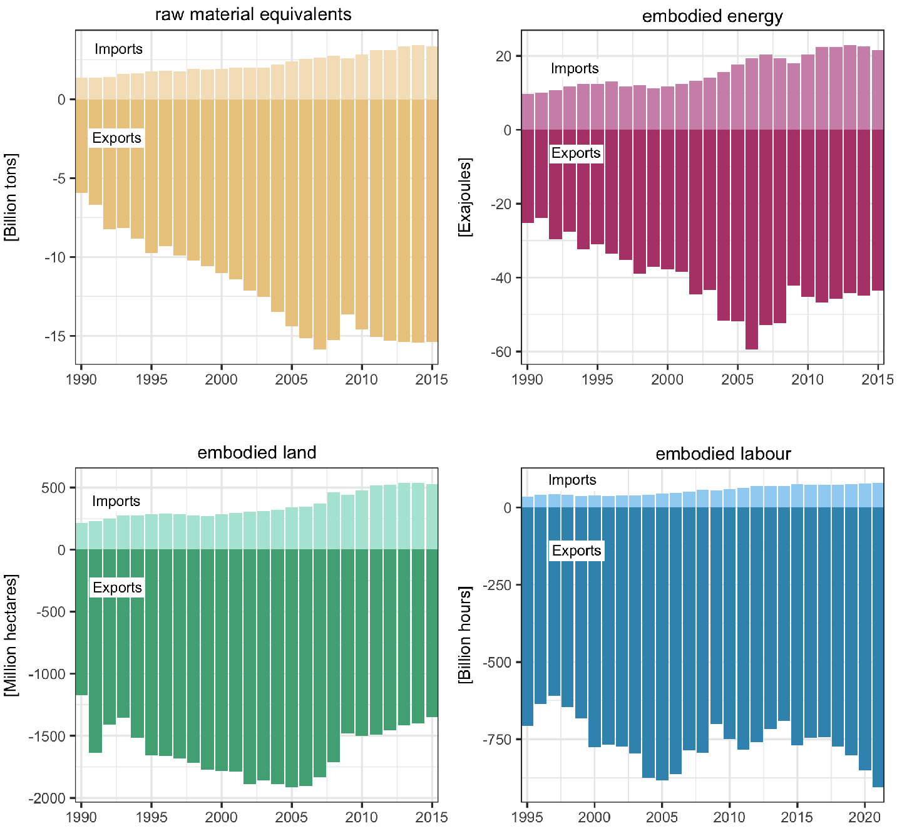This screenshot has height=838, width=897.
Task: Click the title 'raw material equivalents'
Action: (x=253, y=14)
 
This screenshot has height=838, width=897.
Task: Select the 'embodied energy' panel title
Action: (x=712, y=16)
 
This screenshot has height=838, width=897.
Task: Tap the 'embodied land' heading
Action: (x=257, y=452)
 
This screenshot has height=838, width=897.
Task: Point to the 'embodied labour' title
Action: (x=723, y=453)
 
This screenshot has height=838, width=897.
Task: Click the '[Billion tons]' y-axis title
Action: (x=11, y=197)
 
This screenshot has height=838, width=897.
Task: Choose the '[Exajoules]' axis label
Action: (x=464, y=197)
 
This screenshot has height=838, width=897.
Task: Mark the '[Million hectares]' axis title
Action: (x=11, y=634)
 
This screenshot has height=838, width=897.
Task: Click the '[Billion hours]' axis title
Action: (x=464, y=634)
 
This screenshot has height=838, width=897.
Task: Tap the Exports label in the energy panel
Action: (x=576, y=153)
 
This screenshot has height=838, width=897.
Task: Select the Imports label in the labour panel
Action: (x=572, y=480)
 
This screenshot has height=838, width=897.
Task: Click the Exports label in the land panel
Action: (x=117, y=587)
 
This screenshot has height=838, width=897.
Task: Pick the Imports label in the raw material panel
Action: (x=118, y=49)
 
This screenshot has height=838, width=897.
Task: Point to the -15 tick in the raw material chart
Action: (x=54, y=336)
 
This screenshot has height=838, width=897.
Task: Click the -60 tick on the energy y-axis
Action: (x=501, y=352)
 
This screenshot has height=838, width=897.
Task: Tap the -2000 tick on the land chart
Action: (x=47, y=799)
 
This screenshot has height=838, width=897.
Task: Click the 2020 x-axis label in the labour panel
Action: (x=864, y=817)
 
